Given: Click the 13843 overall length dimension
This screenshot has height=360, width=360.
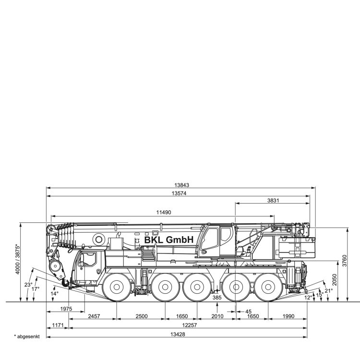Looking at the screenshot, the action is (181, 185).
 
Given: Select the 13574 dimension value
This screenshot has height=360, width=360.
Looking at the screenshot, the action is (179, 193).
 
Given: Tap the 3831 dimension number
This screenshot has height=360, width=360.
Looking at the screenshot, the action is (273, 201).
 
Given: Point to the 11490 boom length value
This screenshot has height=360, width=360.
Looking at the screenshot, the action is (164, 212).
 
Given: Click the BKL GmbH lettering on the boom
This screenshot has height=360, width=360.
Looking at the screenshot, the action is (169, 240).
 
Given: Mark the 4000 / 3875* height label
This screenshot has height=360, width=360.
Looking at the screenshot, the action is (18, 259).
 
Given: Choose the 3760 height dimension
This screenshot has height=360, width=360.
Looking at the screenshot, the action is (344, 261).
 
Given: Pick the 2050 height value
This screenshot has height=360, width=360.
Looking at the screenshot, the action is (334, 280).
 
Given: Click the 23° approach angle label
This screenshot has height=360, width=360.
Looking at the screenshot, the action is (28, 285).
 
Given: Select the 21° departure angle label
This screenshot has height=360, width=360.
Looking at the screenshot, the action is (328, 291).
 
